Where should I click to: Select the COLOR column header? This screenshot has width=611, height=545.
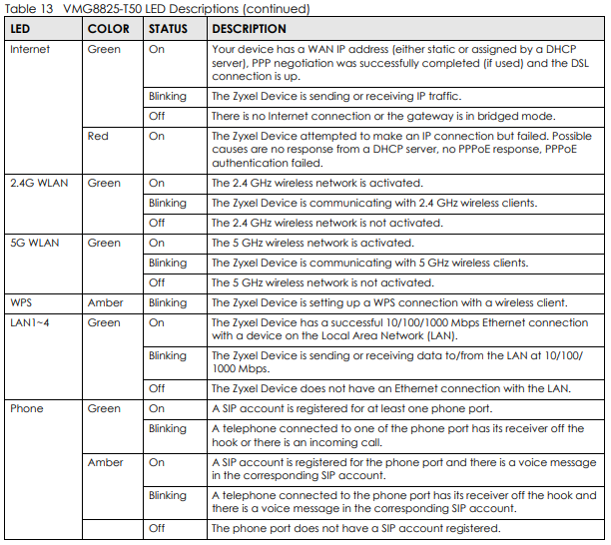pyautogui.click(x=108, y=29)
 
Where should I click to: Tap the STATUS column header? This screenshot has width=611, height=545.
pyautogui.click(x=168, y=29)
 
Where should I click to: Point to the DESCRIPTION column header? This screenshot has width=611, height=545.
pyautogui.click(x=249, y=29)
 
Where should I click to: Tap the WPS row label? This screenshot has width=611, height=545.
pyautogui.click(x=22, y=302)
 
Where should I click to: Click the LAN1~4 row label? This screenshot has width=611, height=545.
pyautogui.click(x=31, y=322)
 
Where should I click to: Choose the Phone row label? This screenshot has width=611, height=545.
pyautogui.click(x=26, y=408)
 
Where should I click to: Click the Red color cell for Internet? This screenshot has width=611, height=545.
pyautogui.click(x=98, y=136)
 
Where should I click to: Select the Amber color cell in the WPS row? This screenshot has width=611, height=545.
pyautogui.click(x=105, y=302)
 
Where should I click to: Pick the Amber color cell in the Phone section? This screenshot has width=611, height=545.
pyautogui.click(x=105, y=462)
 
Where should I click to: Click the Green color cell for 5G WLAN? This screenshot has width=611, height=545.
pyautogui.click(x=104, y=243)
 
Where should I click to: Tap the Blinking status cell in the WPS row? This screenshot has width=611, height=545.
pyautogui.click(x=167, y=302)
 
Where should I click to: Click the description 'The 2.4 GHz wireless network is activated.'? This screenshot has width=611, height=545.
pyautogui.click(x=316, y=183)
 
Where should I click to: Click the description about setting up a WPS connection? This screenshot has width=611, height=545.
pyautogui.click(x=389, y=302)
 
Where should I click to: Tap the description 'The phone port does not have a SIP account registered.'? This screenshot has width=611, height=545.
pyautogui.click(x=355, y=528)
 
